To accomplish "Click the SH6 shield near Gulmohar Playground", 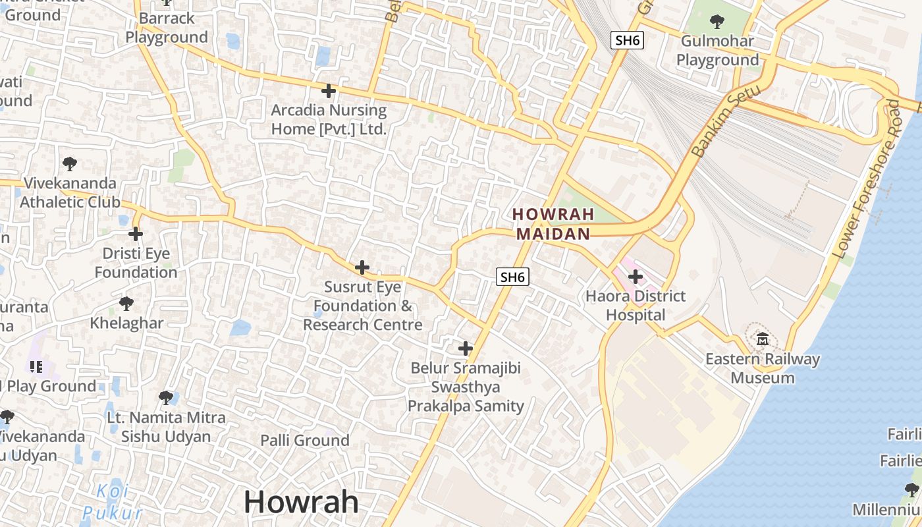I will pos(627,40).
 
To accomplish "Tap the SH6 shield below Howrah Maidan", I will pos(512,277).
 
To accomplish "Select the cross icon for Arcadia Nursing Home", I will pos(328,90).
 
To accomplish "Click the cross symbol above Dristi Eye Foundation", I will pos(136,233).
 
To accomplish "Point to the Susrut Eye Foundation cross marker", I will pos(362,267).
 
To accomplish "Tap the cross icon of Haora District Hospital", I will pos(635,277).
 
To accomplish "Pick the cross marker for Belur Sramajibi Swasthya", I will pos(466,348).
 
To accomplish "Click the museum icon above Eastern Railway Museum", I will pos(763,339).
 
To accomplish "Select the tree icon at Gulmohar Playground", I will pos(717,22).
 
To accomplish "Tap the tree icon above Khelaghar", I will pos(126,303).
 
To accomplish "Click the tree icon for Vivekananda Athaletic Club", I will pos(69,163).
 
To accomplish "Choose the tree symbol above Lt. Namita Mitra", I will pos(166,397).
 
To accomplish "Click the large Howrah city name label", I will pos(302,502).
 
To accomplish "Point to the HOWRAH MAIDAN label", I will pos(553,224).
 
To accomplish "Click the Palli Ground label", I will pos(304,440).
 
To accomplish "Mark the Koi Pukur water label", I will pos(113,502).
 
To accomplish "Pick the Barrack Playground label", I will pos(167,28).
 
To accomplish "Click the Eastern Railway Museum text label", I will pos(763,368).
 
